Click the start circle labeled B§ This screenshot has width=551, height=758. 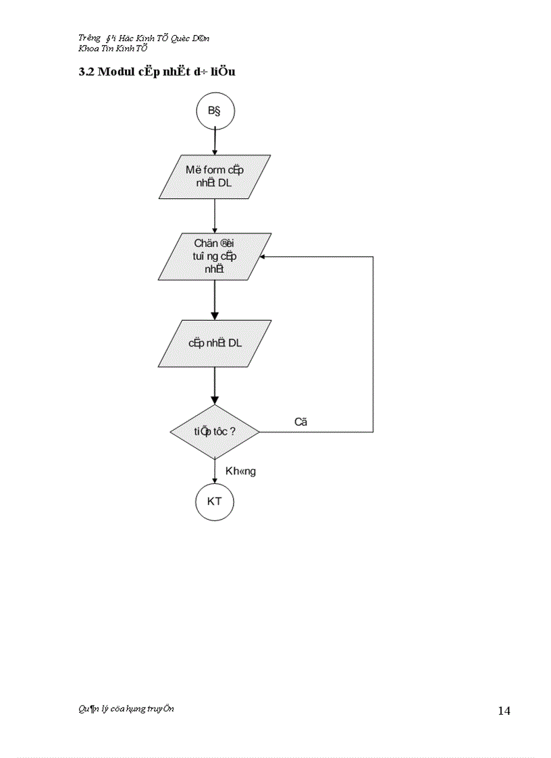tap(215, 111)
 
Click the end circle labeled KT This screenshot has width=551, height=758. tap(215, 502)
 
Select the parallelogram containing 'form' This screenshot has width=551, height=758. tap(215, 177)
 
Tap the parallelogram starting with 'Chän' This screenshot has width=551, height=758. tap(215, 256)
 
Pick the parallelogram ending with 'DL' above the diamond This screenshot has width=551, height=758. tap(215, 343)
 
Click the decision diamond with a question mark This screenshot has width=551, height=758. tap(215, 431)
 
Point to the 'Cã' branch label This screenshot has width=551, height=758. tap(301, 422)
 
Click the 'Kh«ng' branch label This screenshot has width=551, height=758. tap(240, 471)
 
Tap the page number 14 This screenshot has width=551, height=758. tap(504, 710)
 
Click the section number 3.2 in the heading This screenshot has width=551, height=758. tap(86, 72)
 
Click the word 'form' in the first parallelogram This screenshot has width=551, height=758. tap(214, 170)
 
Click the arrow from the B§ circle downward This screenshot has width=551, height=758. tap(215, 142)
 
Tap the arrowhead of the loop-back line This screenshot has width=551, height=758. tap(263, 256)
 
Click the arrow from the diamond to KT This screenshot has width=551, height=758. tap(215, 471)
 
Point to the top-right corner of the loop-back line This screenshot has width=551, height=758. tap(373, 256)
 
